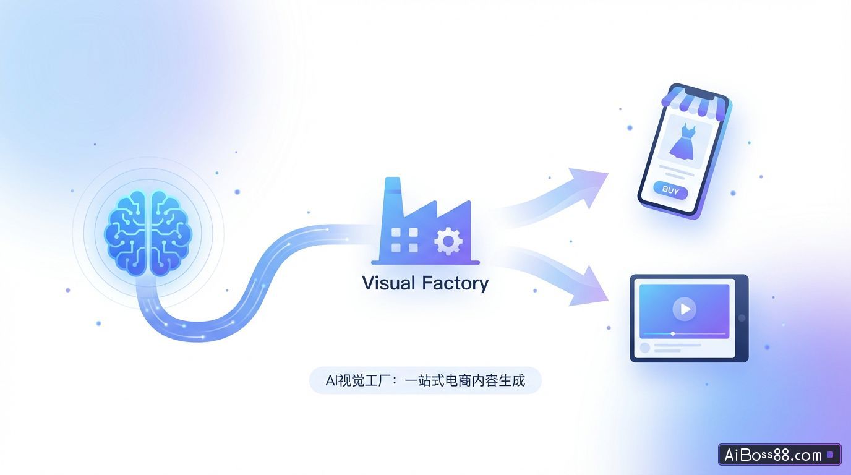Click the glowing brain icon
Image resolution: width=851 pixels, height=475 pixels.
click(x=148, y=233)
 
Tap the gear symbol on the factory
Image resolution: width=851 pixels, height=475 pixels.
click(x=448, y=241)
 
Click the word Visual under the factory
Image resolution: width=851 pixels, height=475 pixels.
click(x=388, y=283)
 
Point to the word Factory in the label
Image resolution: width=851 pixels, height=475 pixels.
click(x=455, y=284)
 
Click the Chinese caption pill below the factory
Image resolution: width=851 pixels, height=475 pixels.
click(x=425, y=380)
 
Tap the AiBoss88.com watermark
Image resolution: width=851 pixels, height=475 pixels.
click(x=779, y=455)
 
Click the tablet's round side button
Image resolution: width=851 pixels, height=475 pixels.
click(x=742, y=318)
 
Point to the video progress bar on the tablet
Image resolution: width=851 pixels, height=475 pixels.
click(x=684, y=334)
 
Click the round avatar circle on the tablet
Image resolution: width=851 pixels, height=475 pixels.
click(x=645, y=348)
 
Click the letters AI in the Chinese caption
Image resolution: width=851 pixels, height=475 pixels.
click(x=333, y=380)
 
